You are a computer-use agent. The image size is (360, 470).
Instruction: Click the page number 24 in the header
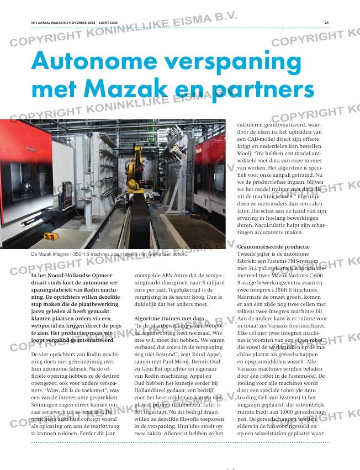pos(327,23)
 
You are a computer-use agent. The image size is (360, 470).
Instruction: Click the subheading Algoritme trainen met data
pos(169,319)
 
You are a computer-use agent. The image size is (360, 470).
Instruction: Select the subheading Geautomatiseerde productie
pos(269,246)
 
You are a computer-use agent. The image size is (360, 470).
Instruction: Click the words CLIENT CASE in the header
pos(108,23)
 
